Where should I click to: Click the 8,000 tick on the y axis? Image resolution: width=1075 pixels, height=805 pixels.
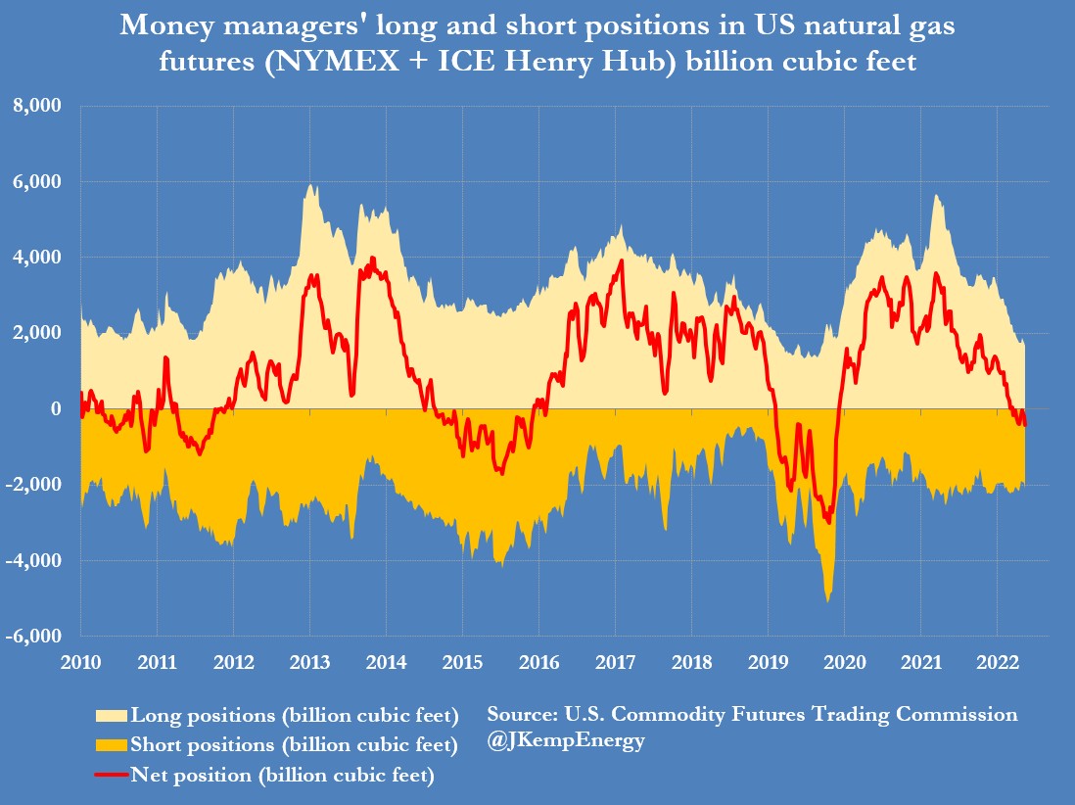pyautogui.click(x=40, y=106)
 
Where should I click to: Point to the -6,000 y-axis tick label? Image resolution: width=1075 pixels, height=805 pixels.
pyautogui.click(x=37, y=637)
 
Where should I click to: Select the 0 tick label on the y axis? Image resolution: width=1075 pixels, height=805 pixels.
pyautogui.click(x=57, y=409)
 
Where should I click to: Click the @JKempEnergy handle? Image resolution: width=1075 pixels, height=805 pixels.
pyautogui.click(x=565, y=740)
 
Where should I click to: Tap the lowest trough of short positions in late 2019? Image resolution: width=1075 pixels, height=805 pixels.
pyautogui.click(x=828, y=599)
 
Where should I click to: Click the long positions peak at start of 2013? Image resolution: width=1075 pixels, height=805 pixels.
pyautogui.click(x=310, y=185)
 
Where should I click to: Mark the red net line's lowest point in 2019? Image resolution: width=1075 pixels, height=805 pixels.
pyautogui.click(x=829, y=523)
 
